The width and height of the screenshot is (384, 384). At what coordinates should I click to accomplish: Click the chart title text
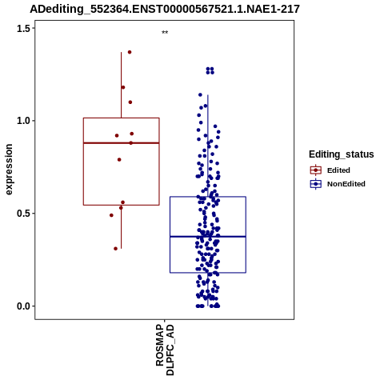coord(165,9)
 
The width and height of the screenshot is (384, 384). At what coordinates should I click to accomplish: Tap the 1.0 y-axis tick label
coord(24,121)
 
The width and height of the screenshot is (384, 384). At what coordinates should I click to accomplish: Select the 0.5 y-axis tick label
coord(24,214)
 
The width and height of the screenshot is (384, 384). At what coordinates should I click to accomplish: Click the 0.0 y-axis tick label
coord(24,306)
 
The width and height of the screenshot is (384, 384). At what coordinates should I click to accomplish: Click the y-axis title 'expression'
coord(9,170)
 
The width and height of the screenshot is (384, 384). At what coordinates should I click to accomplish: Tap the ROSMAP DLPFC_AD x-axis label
coord(165,350)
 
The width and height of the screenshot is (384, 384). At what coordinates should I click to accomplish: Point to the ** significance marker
coord(165,32)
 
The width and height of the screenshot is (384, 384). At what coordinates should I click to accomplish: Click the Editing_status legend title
coord(342,154)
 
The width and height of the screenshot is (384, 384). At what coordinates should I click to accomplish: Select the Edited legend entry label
coord(338,170)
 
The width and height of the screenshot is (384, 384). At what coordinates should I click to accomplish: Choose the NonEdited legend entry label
coord(346,184)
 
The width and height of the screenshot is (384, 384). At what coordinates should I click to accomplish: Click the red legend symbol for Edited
coord(316,170)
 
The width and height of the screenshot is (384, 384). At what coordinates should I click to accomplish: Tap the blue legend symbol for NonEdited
coord(316,184)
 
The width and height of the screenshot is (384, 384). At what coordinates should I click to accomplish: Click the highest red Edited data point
coord(130,52)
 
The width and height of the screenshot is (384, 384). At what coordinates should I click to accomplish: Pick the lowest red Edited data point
coord(115,249)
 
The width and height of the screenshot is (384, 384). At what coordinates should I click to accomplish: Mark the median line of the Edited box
coord(122,143)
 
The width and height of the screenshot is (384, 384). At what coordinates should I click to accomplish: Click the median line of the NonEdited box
coord(208,237)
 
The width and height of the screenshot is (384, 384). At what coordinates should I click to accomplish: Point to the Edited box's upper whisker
coord(122,85)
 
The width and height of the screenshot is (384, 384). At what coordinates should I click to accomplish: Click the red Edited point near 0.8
coord(119,159)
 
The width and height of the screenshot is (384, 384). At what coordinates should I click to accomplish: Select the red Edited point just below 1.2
coord(123,87)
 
